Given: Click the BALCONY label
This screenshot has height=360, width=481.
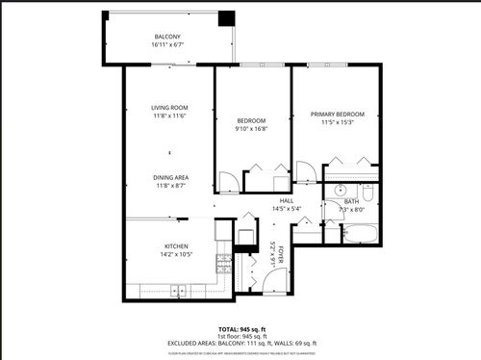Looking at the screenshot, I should [x=167, y=37].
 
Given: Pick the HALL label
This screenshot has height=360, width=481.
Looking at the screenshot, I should [x=287, y=200].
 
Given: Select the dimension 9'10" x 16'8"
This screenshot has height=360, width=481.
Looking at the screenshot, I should [x=252, y=130].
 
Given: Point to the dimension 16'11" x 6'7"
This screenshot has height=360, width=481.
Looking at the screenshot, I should [x=167, y=45].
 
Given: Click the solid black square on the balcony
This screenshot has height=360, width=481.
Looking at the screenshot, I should [x=226, y=19].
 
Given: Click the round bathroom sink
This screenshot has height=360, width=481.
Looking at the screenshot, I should [x=340, y=191].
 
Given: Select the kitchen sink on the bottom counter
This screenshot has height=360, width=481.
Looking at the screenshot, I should [x=178, y=291].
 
